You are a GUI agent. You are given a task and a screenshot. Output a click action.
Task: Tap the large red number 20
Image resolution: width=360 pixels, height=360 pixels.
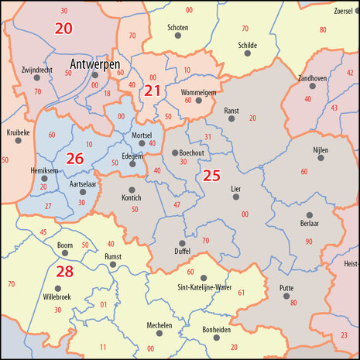pos(63,29)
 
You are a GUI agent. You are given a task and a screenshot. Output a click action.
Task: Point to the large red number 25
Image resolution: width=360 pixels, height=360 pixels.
pos(211,176)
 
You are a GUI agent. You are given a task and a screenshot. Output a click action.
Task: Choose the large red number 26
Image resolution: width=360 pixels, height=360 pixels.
pos(75,159)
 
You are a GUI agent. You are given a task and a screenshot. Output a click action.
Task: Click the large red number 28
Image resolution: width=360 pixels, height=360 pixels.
pos(64,271)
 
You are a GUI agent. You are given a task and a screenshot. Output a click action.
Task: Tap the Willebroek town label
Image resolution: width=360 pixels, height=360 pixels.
pos(57,296)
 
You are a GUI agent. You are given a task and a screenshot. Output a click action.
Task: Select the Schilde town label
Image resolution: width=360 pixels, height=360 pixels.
pos(248,46)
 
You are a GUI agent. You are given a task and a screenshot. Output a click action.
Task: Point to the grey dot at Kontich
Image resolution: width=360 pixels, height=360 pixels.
pos(132,190)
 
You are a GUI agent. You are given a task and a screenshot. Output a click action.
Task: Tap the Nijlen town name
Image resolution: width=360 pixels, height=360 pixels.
pos(321,149)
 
